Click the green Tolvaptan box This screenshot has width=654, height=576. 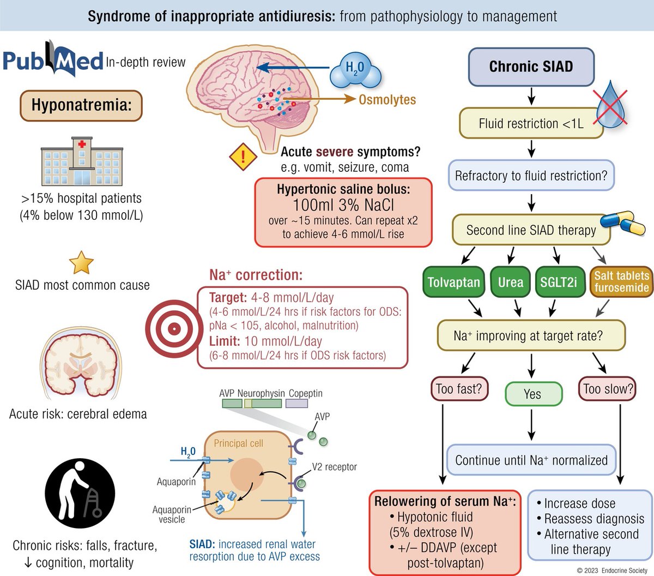453,282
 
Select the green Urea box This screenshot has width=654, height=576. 510,282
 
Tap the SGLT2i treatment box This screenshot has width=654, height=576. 559,282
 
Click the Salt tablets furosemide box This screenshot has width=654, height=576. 621,282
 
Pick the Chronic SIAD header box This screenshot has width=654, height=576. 531,67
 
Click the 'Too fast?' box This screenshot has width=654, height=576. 459,389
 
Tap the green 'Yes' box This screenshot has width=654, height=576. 532,394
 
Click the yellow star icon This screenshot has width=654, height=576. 81,263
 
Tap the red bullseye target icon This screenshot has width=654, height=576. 173,328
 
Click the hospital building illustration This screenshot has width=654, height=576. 82,162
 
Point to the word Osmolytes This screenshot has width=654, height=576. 387,100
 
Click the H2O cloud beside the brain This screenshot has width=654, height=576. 355,70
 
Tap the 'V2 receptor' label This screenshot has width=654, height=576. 334,467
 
